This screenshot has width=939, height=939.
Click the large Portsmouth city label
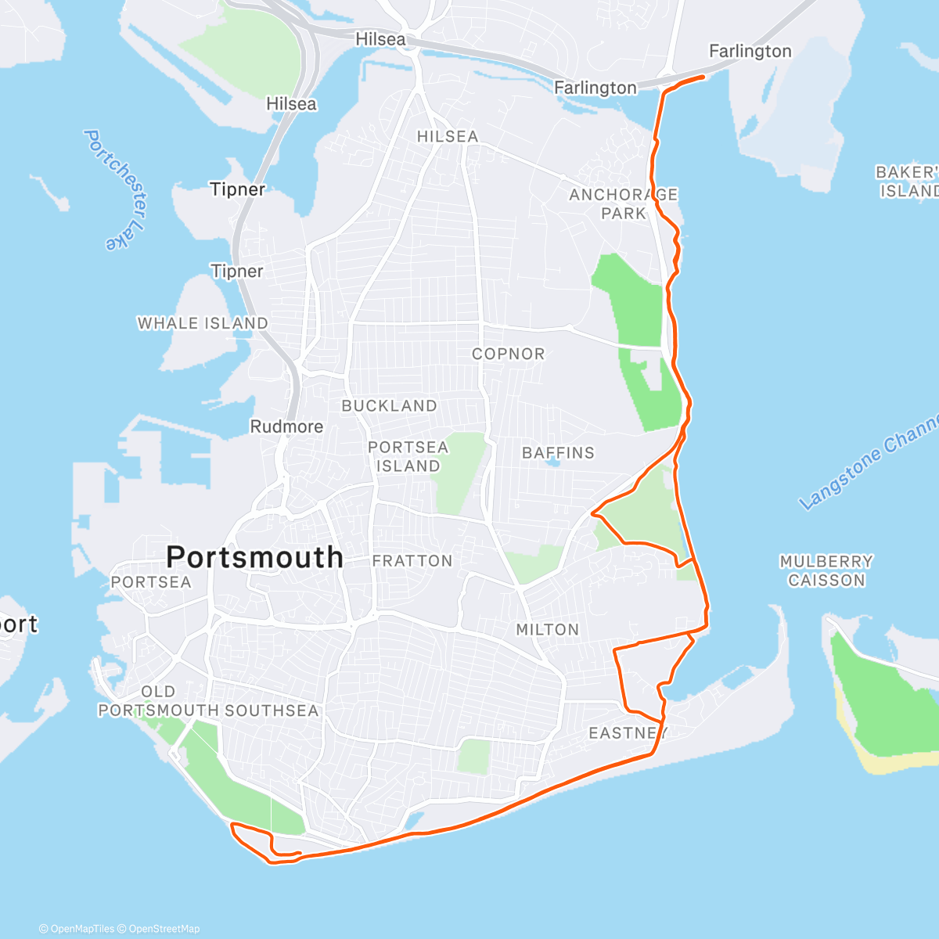pos(254,557)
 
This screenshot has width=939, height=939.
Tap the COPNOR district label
pos(508,354)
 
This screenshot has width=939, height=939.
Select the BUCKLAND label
pos(389,405)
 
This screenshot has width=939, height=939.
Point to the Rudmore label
pos(286,426)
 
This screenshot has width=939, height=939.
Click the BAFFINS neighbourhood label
pos(558,452)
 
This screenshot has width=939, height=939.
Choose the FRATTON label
pos(412,560)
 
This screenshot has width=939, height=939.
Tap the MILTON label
pos(548,629)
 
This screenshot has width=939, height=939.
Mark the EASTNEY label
pos(628,732)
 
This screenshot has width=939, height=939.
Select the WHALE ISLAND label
pos(203,323)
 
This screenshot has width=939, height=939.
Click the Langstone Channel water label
pos(869,462)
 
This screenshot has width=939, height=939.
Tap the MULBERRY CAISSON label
pos(826,570)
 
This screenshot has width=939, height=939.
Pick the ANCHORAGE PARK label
pos(624,203)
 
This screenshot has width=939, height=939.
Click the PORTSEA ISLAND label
pos(408,456)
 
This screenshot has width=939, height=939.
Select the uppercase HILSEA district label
pos(447,136)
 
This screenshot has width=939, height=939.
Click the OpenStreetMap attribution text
pos(164,929)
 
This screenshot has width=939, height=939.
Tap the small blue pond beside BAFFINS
pos(554,463)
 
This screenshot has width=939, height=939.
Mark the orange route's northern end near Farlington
pos(703,76)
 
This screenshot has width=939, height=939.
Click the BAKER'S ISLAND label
pos(908,181)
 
